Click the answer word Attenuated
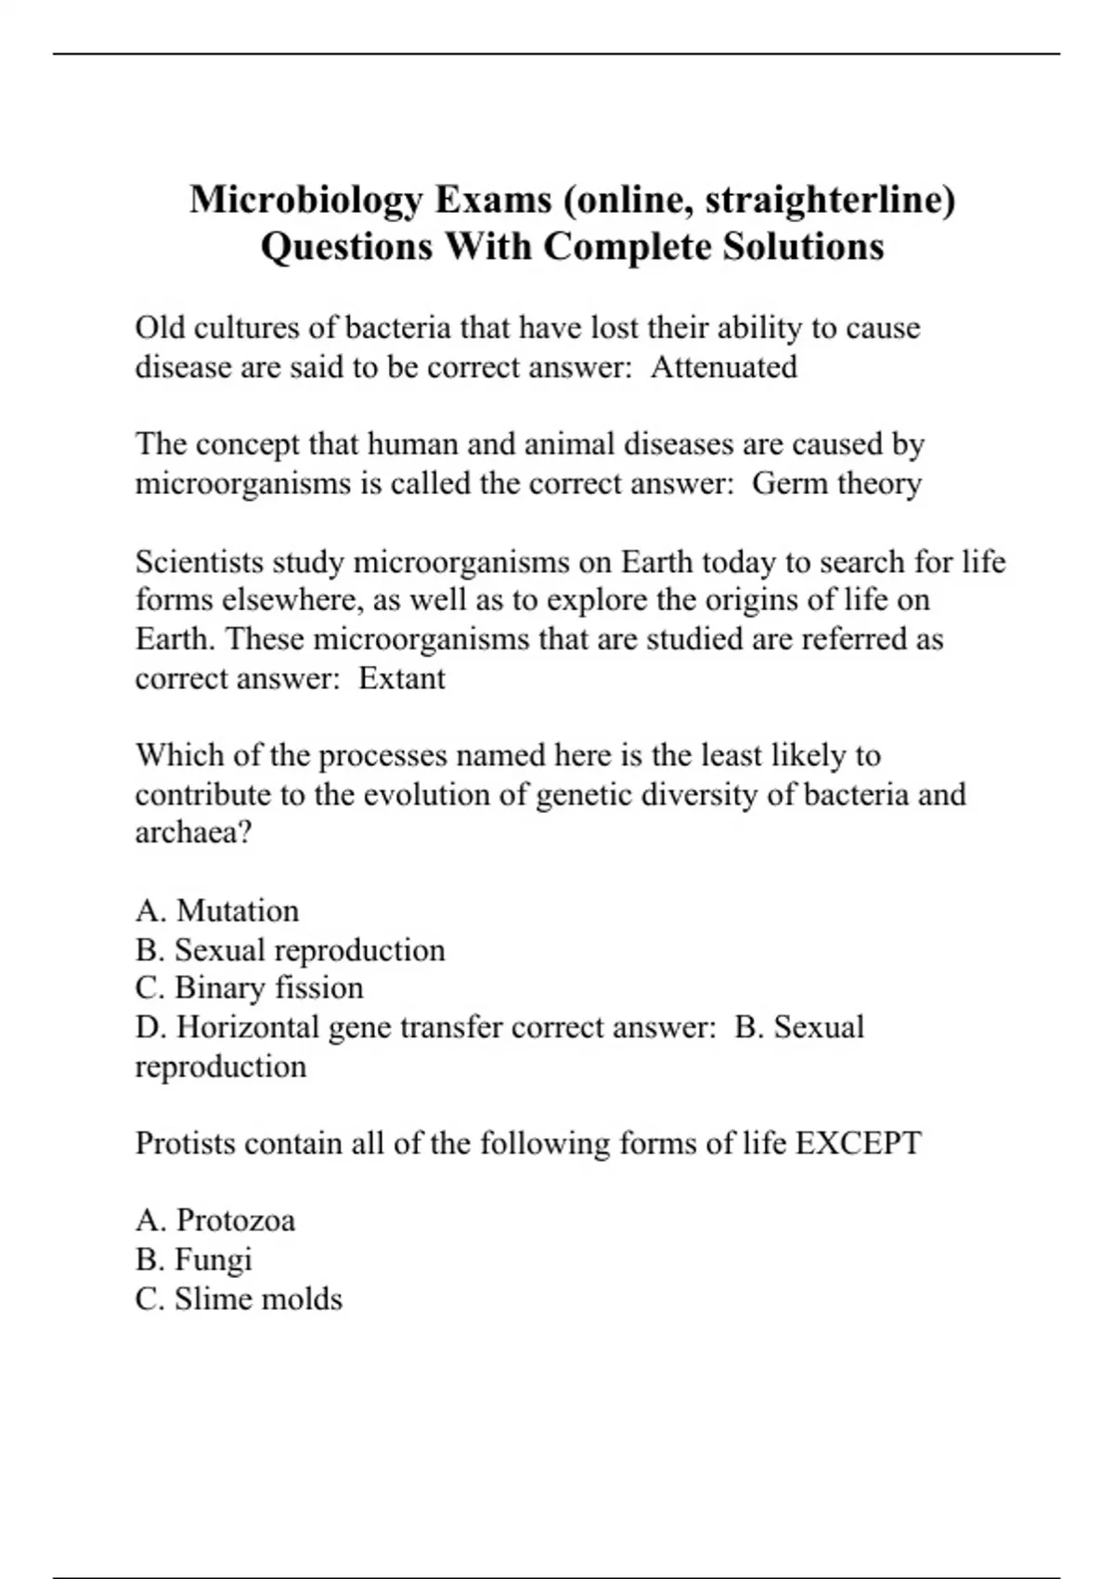[x=724, y=368]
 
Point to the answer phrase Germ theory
[x=836, y=484]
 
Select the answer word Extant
[x=402, y=679]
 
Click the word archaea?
[x=193, y=832]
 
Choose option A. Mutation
[x=217, y=911]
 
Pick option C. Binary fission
[x=249, y=988]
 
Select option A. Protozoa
[x=215, y=1220]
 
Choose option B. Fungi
[x=193, y=1260]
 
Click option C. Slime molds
[x=239, y=1299]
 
